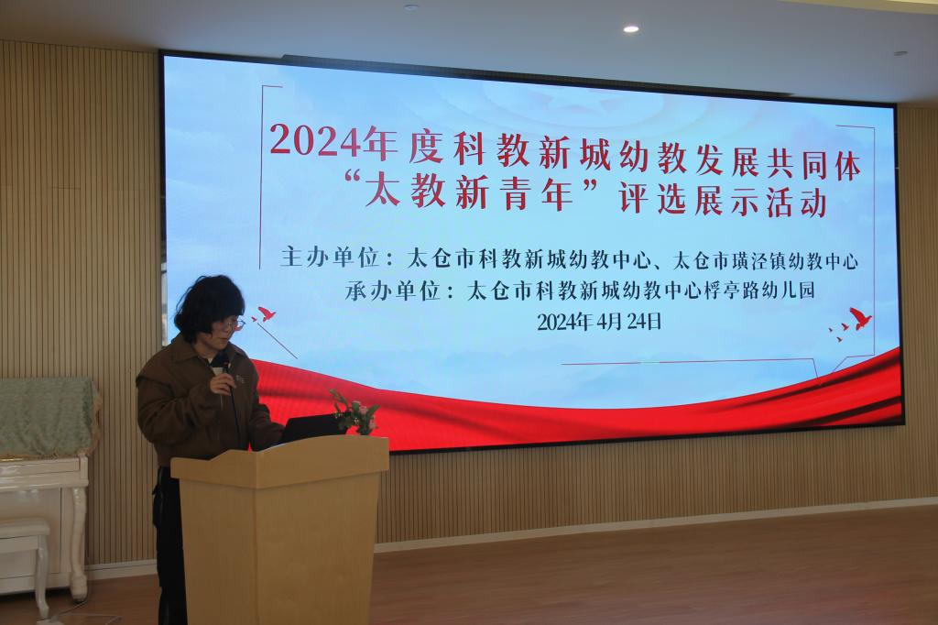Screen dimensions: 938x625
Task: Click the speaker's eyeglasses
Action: click(230, 324)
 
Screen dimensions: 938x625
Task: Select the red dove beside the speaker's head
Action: click(265, 313)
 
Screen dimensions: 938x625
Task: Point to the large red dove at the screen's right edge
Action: click(860, 319)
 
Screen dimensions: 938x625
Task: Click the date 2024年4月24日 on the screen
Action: click(599, 322)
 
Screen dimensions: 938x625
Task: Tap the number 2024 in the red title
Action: click(316, 141)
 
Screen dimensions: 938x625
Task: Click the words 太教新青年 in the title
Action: click(470, 192)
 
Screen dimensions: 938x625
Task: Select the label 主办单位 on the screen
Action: click(330, 258)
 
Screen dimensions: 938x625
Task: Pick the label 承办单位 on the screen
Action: click(393, 291)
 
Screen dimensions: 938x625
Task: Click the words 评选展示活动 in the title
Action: click(724, 200)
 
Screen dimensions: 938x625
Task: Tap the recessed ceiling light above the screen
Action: click(630, 28)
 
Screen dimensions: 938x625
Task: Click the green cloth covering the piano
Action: click(48, 416)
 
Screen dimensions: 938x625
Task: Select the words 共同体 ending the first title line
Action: click(813, 165)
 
